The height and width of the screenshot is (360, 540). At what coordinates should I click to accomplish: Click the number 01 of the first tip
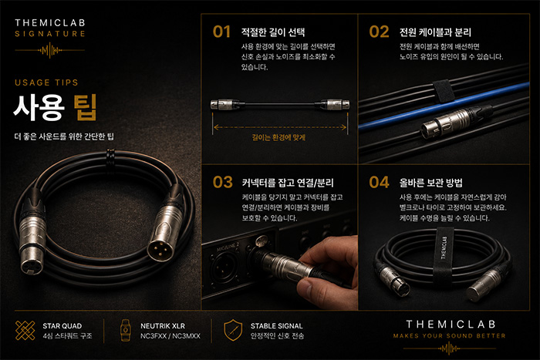[221, 32]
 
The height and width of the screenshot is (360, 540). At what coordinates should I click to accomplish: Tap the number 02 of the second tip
[379, 32]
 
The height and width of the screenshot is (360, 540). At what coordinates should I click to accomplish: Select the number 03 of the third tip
[222, 182]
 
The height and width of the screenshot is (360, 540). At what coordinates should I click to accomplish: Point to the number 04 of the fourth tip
[380, 182]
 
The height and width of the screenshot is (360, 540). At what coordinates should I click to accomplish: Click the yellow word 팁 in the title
[85, 107]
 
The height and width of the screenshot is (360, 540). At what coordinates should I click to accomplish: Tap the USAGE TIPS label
[46, 82]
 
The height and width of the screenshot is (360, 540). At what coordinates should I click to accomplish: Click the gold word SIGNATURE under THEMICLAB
[50, 34]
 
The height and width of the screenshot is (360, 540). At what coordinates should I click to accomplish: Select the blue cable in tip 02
[444, 105]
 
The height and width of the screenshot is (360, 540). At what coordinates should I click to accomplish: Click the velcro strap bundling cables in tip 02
[444, 91]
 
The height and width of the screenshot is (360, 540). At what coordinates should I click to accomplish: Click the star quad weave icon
[25, 331]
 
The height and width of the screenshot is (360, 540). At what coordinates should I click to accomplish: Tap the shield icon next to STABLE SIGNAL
[233, 330]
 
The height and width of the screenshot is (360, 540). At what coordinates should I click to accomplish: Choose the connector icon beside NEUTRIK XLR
[126, 330]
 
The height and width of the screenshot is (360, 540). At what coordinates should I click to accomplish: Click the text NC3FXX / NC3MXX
[170, 336]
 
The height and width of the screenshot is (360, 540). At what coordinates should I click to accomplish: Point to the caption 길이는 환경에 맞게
[278, 138]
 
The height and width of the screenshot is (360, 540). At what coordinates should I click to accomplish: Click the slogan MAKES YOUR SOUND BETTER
[450, 335]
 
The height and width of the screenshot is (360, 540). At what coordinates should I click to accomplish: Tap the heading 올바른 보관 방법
[430, 183]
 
